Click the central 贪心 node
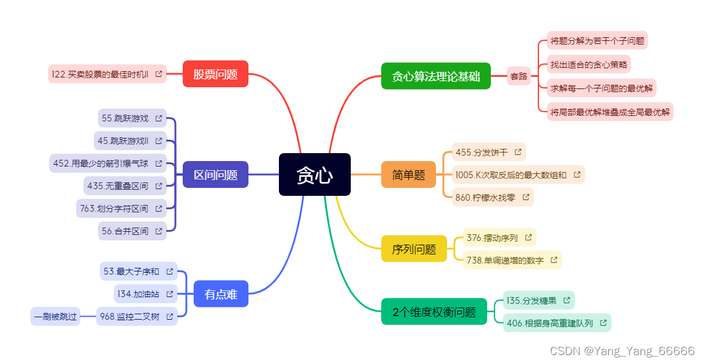[x=314, y=174]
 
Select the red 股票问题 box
[x=215, y=74]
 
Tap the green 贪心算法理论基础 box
[x=435, y=76]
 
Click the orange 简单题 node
[x=408, y=174]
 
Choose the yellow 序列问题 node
[x=414, y=248]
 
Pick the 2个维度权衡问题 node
[x=434, y=312]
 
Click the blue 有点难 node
[x=220, y=294]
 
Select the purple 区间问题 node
[x=215, y=174]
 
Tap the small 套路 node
[x=518, y=76]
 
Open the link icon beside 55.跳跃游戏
[x=158, y=118]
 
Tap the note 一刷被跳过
[x=55, y=317]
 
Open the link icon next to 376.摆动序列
[x=528, y=237]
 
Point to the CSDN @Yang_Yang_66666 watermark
[x=621, y=351]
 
